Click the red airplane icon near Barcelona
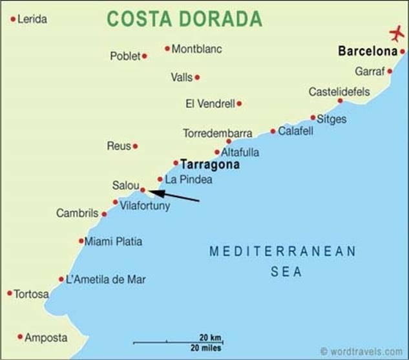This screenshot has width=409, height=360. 396,32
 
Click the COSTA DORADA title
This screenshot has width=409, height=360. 184,19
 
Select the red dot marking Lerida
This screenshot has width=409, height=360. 12,19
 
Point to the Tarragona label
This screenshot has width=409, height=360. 210,165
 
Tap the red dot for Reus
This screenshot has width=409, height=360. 135,147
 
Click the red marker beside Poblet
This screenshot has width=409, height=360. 144,56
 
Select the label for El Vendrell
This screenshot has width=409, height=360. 210,103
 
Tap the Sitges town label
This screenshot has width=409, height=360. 332,119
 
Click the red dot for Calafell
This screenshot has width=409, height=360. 273,131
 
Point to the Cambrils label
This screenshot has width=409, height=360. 77,213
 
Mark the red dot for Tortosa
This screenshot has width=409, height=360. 10,293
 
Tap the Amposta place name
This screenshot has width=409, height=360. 46,337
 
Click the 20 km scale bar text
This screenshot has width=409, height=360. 210,338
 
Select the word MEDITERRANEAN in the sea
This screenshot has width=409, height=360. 283,251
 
